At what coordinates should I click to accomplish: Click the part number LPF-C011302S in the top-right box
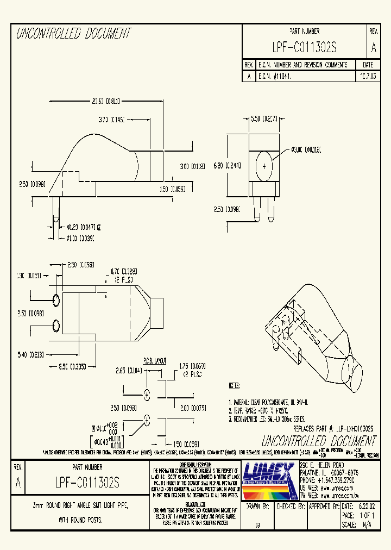(305, 48)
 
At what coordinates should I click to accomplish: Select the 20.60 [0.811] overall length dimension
(105, 101)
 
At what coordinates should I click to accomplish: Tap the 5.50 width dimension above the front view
(263, 118)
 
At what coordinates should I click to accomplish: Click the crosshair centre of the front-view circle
(264, 165)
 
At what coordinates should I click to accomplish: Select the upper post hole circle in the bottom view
(56, 300)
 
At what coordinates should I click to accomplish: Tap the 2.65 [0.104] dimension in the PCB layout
(129, 370)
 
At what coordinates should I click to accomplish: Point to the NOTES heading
(234, 385)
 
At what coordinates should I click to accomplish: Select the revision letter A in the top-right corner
(373, 48)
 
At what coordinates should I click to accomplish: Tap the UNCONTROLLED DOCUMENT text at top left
(73, 34)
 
